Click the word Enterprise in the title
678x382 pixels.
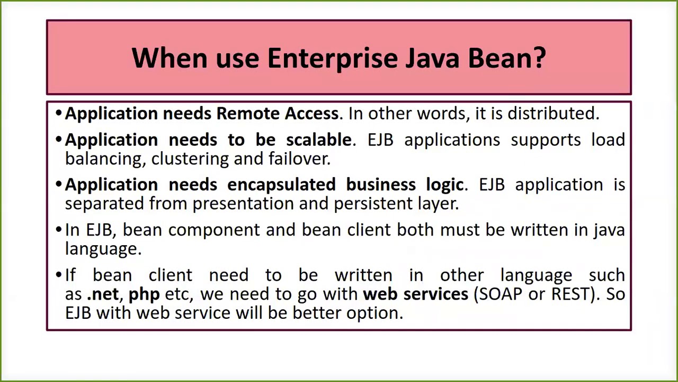pyautogui.click(x=332, y=58)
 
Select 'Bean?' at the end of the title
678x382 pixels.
pyautogui.click(x=506, y=58)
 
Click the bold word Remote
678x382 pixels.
pyautogui.click(x=248, y=114)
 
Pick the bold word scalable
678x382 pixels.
pyautogui.click(x=318, y=140)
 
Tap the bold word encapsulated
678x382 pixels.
pyautogui.click(x=281, y=185)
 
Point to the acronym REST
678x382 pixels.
pyautogui.click(x=571, y=294)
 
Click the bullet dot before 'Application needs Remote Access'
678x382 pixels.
pyautogui.click(x=59, y=114)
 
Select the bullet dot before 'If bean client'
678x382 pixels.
pyautogui.click(x=59, y=275)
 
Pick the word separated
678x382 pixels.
pyautogui.click(x=104, y=204)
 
